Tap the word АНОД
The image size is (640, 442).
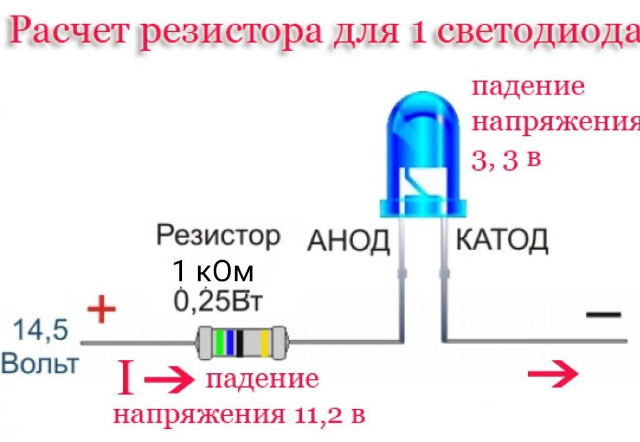347,241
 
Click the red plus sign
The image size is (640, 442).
101,311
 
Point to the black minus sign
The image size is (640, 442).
604,314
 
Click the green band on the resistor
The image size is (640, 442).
219,342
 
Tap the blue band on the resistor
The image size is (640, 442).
230,342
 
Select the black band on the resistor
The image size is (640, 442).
239,342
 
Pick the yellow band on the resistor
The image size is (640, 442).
264,342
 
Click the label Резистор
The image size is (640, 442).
218,236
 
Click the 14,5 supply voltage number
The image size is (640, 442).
41,330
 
